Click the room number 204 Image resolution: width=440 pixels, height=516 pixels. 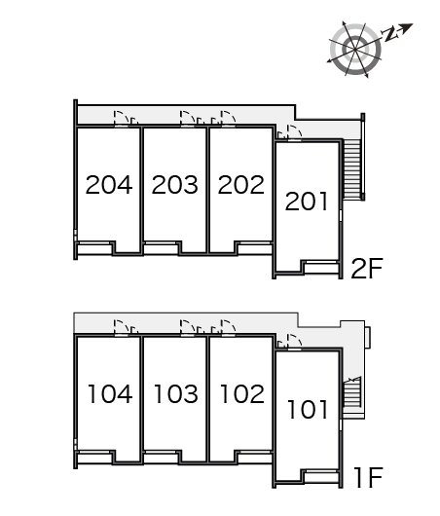[x=109, y=185]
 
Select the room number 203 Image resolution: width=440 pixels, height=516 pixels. [x=175, y=185]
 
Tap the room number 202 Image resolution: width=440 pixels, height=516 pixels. [x=240, y=185]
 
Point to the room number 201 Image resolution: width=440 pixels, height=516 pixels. [x=307, y=202]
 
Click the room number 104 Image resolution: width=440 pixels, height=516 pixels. [x=110, y=394]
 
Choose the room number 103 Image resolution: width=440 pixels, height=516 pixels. [x=176, y=394]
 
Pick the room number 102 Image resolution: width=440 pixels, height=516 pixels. [x=241, y=394]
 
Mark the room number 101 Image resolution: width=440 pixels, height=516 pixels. [x=308, y=409]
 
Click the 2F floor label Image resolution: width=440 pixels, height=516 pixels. [x=367, y=269]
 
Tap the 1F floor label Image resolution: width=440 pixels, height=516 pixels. [x=369, y=477]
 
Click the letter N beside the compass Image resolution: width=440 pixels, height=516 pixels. [x=390, y=33]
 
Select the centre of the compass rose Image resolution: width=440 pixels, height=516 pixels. [x=355, y=50]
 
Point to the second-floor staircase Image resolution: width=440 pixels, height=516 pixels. [x=350, y=168]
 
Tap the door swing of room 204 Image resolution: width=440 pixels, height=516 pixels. [x=121, y=119]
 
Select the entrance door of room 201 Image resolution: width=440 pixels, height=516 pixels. [x=295, y=133]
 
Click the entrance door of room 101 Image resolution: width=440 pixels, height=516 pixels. [x=295, y=342]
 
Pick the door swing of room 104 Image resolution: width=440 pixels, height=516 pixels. [x=121, y=327]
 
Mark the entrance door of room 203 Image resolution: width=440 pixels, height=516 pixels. [x=187, y=119]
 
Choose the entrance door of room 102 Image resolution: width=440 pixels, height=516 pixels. [x=228, y=327]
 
